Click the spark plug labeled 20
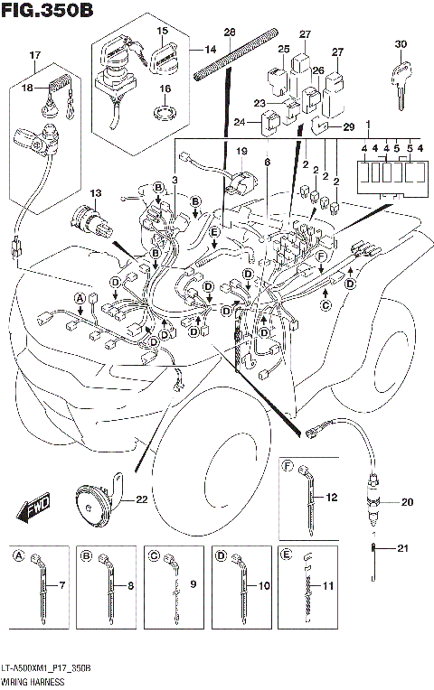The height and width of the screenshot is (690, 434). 371,503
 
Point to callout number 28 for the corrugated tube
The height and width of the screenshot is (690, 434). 229,33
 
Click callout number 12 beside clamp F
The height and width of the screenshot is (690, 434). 333,496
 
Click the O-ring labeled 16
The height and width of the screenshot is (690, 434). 164,114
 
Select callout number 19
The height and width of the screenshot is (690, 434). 241,151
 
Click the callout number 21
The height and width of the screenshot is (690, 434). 404,547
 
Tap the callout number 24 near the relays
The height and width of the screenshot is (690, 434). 239,122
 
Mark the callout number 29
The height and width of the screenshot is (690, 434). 349,127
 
